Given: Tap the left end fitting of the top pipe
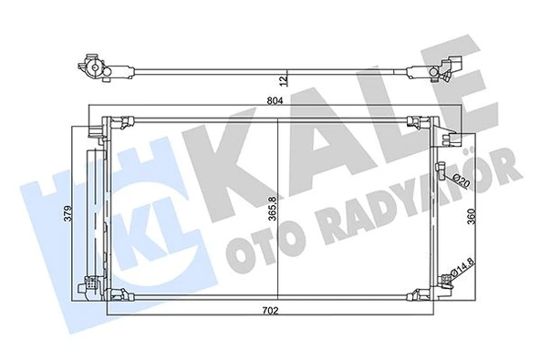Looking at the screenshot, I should pos(92,65).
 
